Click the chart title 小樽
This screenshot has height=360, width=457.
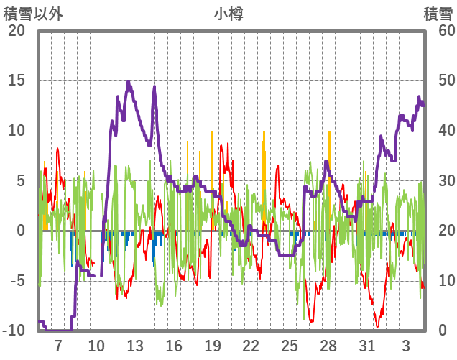click(228, 14)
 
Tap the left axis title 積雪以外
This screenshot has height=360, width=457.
click(29, 14)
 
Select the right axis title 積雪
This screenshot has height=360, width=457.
click(438, 14)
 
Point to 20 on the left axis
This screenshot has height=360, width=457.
click(17, 31)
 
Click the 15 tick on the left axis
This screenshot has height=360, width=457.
click(17, 80)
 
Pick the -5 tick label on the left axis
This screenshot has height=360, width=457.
click(17, 281)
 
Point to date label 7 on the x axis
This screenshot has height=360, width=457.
click(57, 346)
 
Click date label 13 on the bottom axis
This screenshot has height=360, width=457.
click(135, 346)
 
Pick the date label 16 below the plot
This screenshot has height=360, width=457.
click(174, 346)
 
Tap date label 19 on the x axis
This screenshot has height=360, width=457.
click(213, 346)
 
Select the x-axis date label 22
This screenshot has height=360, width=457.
click(251, 346)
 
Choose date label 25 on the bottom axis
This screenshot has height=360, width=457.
click(290, 346)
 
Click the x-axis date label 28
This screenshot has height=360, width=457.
click(328, 346)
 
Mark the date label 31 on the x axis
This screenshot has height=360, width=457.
click(367, 346)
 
